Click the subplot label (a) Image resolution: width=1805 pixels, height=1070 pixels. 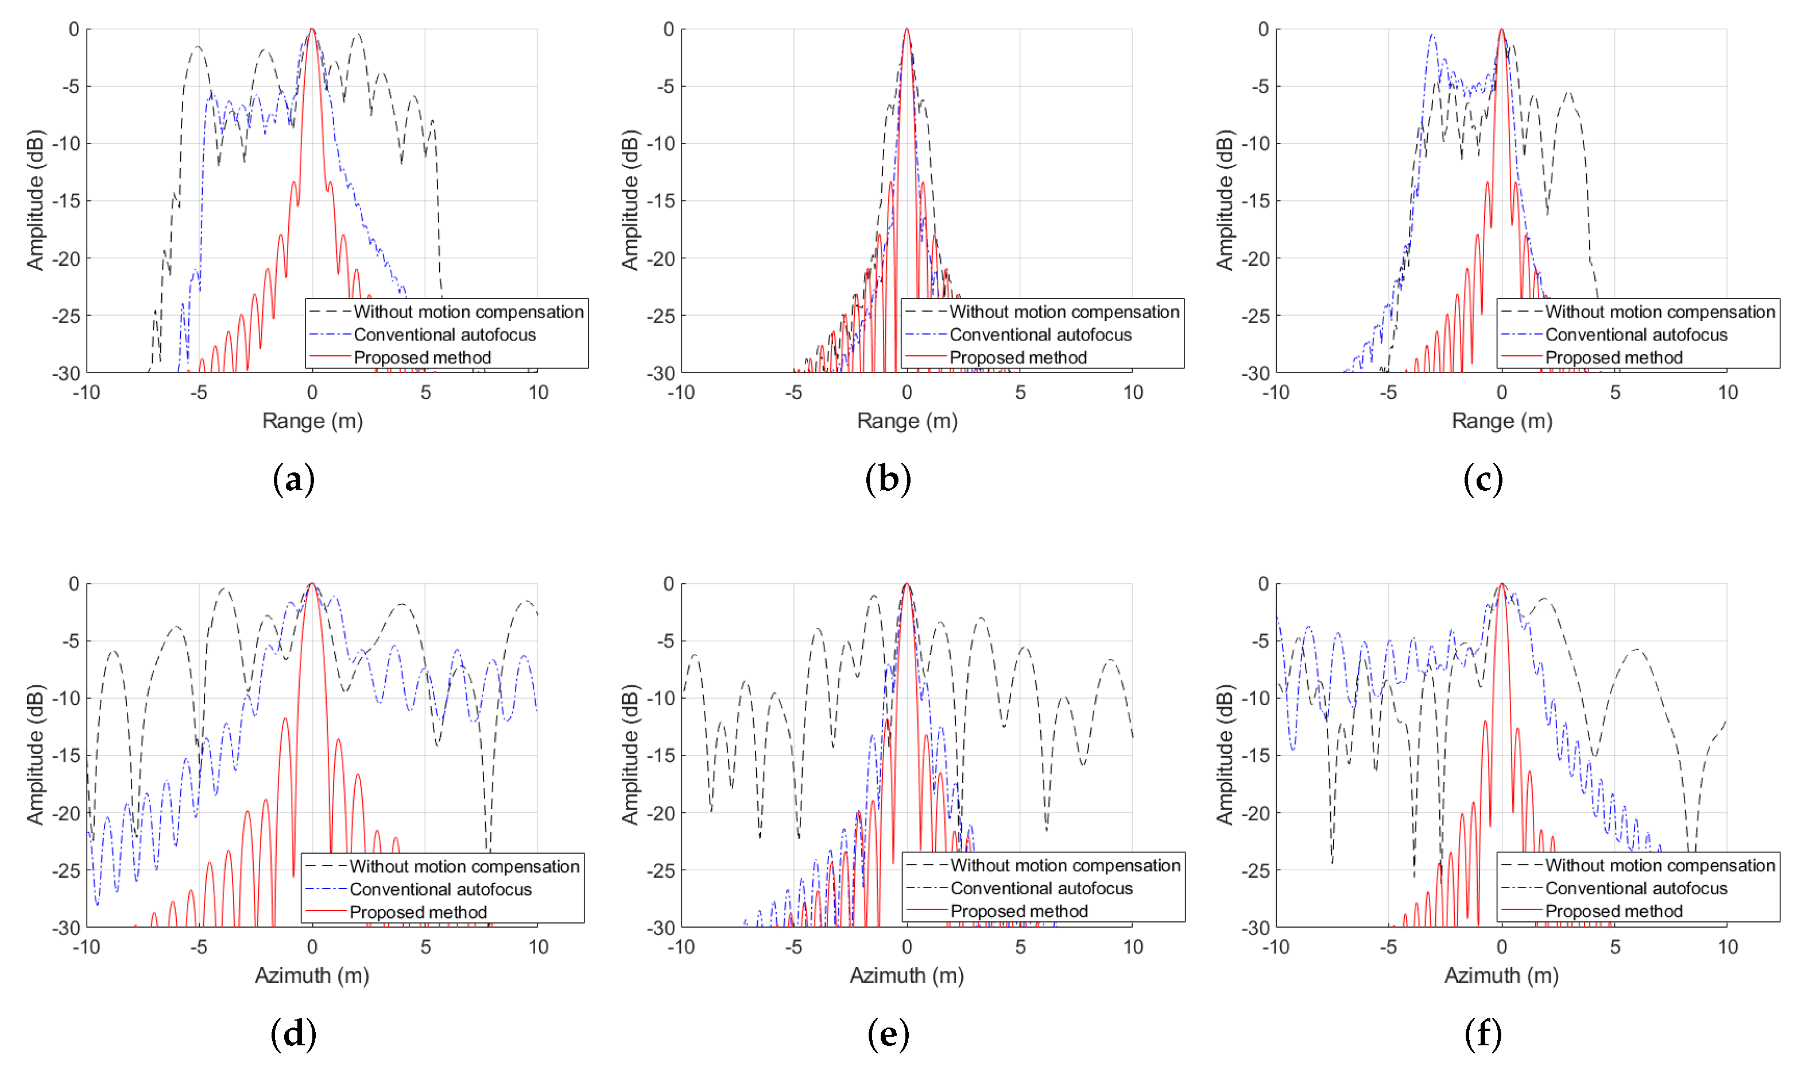293,479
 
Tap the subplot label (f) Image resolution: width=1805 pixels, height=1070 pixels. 1483,1034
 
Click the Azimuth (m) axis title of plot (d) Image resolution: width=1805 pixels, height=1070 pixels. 312,975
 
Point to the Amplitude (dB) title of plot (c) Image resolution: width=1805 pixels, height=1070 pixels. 1225,200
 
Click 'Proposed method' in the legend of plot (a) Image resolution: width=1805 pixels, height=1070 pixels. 422,358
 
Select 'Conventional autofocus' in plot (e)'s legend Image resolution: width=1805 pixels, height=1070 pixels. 1041,888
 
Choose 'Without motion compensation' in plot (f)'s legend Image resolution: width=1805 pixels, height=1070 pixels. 1659,865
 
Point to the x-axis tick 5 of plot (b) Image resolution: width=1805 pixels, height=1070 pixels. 1020,392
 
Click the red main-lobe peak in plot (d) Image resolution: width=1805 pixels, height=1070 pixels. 312,584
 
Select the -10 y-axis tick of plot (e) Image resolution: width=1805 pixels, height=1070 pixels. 661,698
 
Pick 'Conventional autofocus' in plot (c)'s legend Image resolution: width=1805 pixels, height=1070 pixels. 1636,335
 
